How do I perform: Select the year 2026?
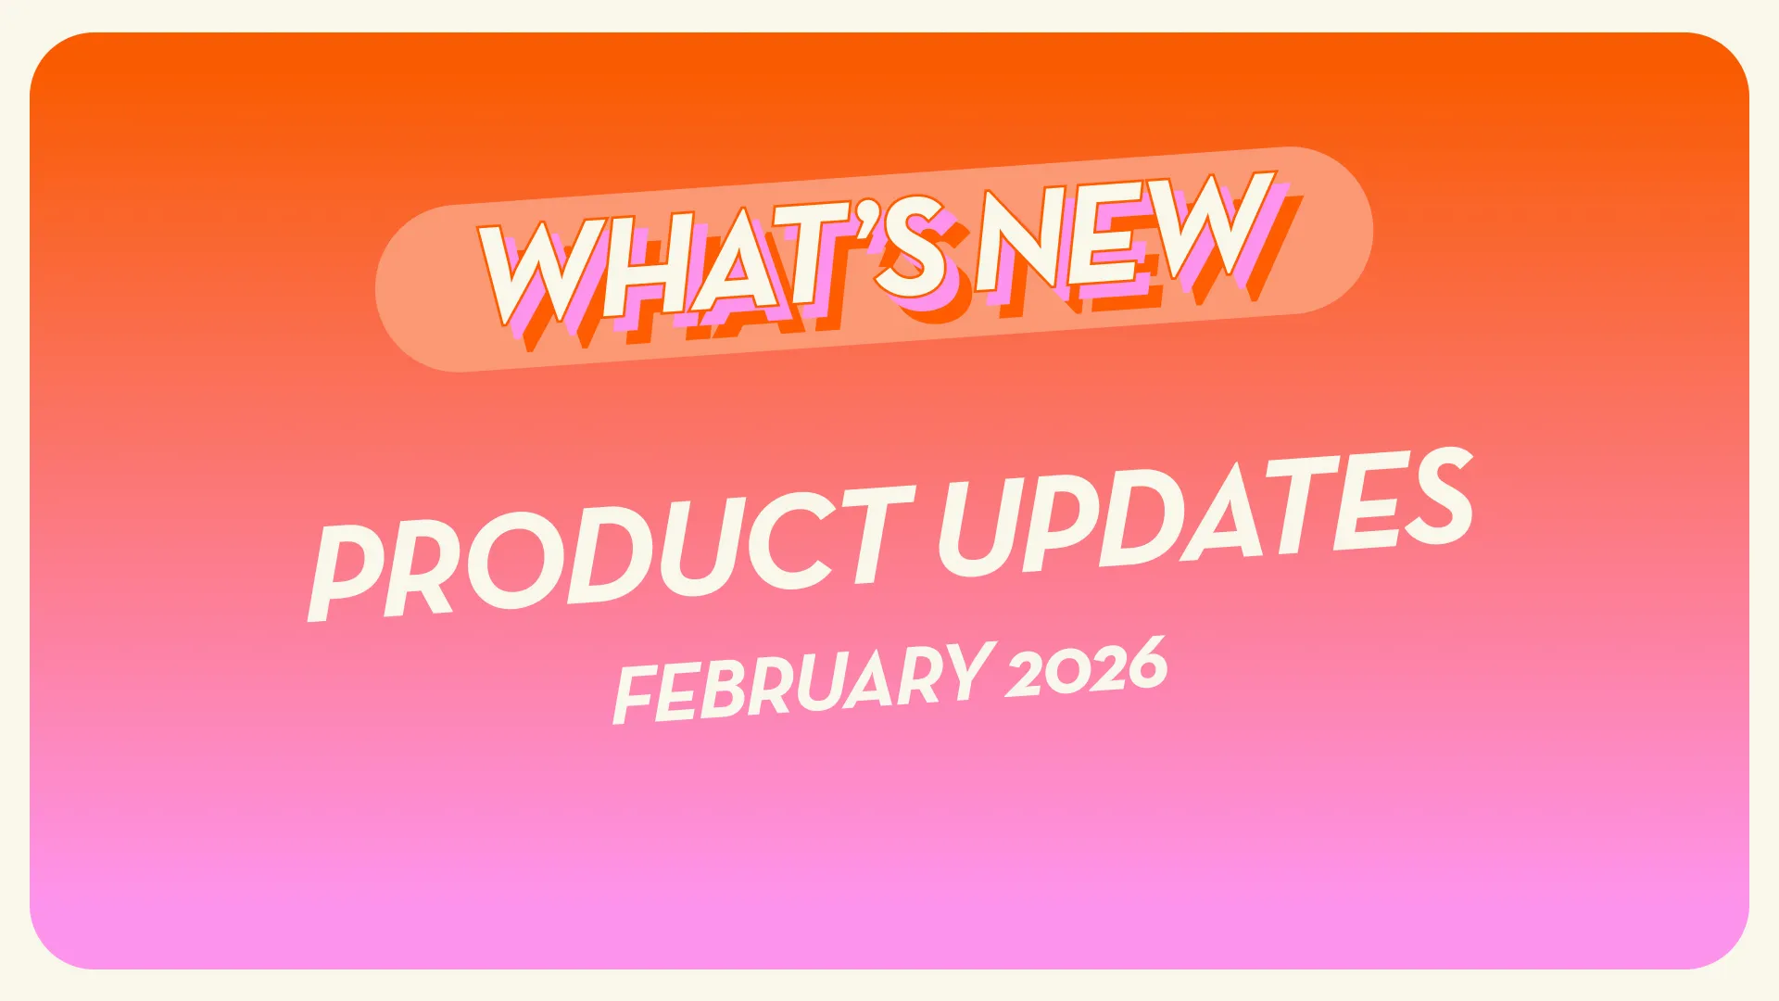(1087, 667)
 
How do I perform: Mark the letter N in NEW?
(1019, 239)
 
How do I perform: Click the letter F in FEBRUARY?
(635, 695)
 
